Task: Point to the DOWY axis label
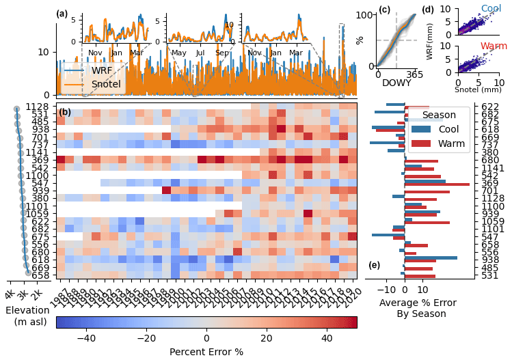(x=396, y=83)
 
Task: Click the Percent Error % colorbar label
(x=206, y=352)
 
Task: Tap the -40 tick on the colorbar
(x=86, y=338)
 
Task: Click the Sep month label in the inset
(x=222, y=53)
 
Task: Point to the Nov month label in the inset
(x=95, y=53)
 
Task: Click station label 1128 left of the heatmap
(x=38, y=107)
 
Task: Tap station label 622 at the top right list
(x=490, y=107)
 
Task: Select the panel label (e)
(x=375, y=265)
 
